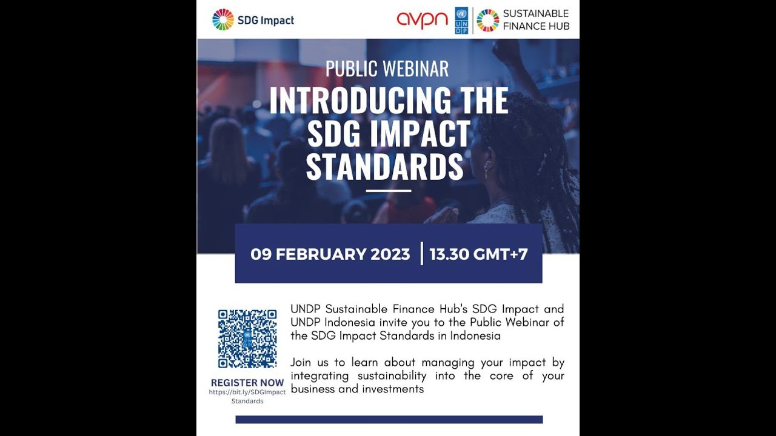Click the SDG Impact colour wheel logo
click(x=223, y=20)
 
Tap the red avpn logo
click(x=422, y=20)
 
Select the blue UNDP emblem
click(x=461, y=21)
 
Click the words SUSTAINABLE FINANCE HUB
click(x=535, y=20)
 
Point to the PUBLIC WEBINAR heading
click(x=387, y=69)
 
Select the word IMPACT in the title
click(x=421, y=134)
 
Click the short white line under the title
click(x=389, y=191)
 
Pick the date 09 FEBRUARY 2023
click(x=330, y=254)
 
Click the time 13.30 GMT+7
click(x=478, y=254)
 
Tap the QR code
click(x=247, y=339)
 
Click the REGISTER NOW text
click(x=247, y=383)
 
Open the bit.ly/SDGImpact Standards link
click(x=247, y=396)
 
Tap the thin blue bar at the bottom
click(x=389, y=419)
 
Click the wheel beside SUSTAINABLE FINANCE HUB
click(x=487, y=21)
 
